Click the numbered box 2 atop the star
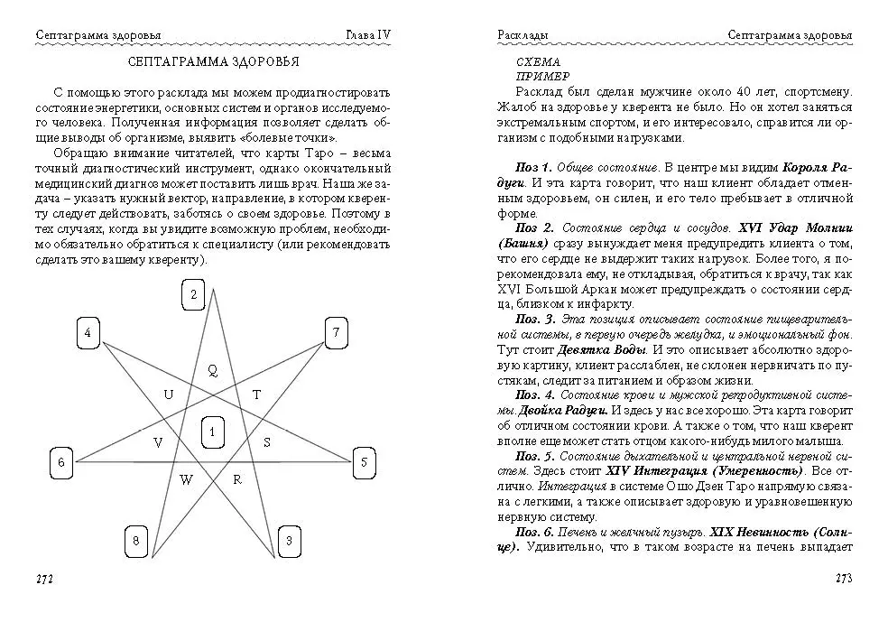(x=193, y=295)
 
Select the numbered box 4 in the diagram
(x=88, y=333)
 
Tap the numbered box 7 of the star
(x=336, y=333)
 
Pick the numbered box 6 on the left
(x=60, y=462)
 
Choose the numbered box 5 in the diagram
(x=363, y=462)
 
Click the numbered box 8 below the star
(x=135, y=541)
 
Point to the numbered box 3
(x=289, y=541)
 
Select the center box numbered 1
(x=212, y=432)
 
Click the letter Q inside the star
(x=213, y=369)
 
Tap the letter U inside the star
(x=169, y=395)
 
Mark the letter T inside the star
(x=256, y=395)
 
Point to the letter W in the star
(x=186, y=479)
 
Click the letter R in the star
(x=237, y=479)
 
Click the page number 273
(x=843, y=578)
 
